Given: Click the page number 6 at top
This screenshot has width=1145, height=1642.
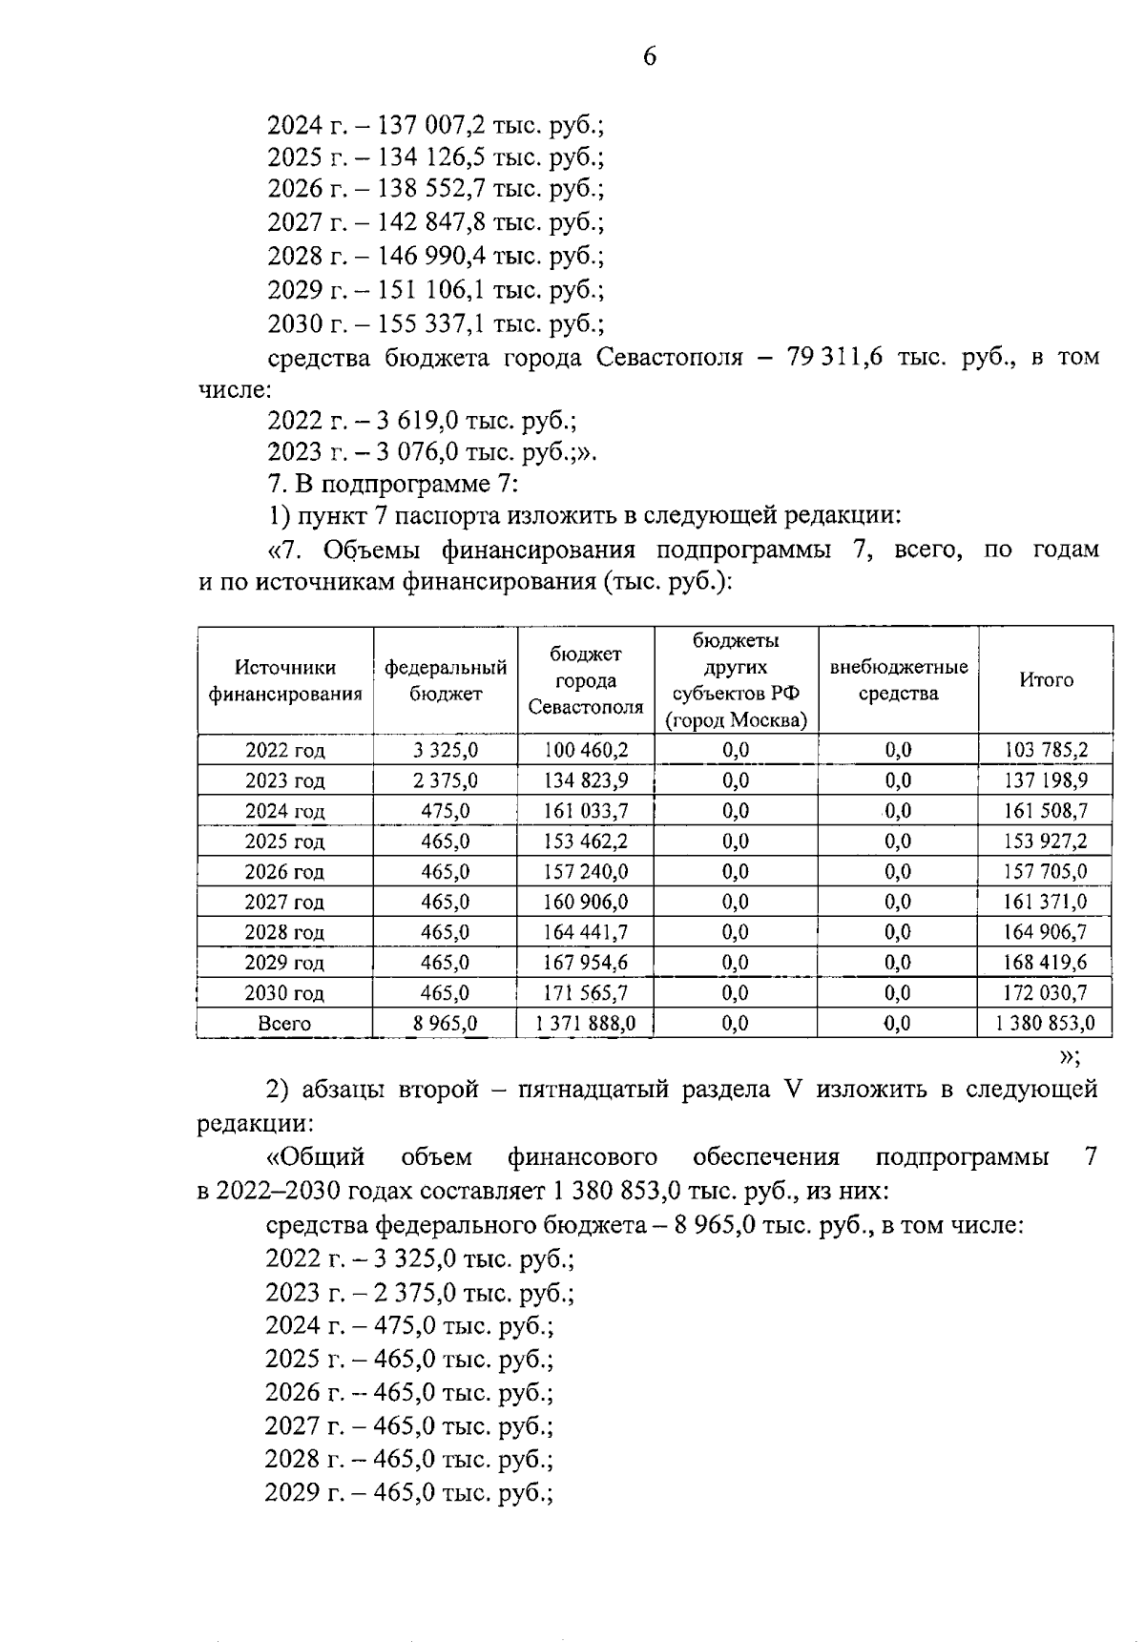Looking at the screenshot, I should click(649, 57).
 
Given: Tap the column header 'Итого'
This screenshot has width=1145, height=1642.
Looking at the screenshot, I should click(1046, 680).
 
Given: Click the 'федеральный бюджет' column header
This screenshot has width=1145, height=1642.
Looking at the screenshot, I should click(446, 680).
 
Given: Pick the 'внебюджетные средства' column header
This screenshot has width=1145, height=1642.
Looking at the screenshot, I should click(898, 680).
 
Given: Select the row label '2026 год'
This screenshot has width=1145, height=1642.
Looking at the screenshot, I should click(284, 871).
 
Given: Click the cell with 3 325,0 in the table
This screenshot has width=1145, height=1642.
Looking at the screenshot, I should click(446, 750).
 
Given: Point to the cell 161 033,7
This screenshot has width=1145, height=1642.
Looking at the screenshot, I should click(586, 811).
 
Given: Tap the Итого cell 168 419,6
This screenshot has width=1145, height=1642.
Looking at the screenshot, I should click(1046, 962).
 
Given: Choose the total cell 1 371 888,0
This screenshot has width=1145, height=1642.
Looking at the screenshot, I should click(586, 1024).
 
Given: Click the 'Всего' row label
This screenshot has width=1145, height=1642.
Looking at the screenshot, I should click(284, 1024).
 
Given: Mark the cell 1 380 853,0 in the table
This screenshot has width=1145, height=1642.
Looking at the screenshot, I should click(1046, 1024).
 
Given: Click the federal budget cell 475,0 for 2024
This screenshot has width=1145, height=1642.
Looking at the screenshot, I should click(446, 811).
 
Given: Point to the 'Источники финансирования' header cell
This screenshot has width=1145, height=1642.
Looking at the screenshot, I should click(284, 680).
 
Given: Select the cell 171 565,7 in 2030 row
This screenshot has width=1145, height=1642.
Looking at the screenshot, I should click(586, 993).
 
